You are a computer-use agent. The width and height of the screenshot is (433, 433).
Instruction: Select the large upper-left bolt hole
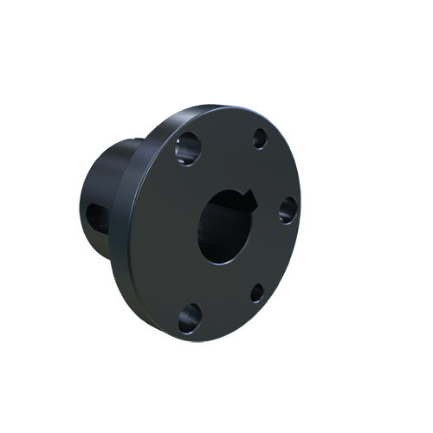click(x=187, y=152)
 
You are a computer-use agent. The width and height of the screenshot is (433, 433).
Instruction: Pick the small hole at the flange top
click(x=259, y=138)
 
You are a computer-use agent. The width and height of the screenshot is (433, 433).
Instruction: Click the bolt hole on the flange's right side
click(x=288, y=209)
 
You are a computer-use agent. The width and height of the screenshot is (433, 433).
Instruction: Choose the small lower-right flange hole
click(x=257, y=293)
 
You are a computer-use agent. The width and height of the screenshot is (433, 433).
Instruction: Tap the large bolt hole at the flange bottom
click(x=189, y=319)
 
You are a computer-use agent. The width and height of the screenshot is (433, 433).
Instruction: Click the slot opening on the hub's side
click(x=95, y=220)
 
